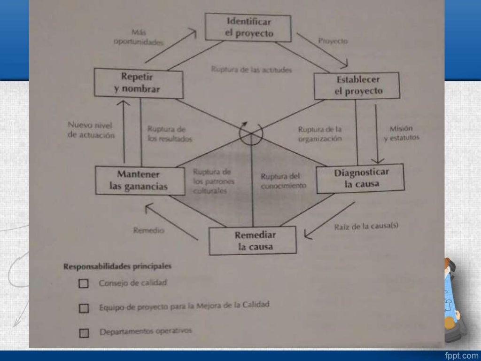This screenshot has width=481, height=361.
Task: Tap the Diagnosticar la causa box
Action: pos(361,178)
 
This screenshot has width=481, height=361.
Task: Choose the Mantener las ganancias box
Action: pos(139,180)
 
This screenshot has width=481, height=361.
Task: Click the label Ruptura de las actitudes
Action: pos(251,70)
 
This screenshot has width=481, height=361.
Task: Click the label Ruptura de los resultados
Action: pos(169,134)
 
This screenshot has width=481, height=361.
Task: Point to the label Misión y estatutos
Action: pos(401,133)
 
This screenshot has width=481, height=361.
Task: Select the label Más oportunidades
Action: pos(138,37)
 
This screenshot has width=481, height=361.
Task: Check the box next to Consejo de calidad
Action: pos(84,284)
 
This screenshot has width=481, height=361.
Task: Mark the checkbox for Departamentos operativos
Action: pos(84,333)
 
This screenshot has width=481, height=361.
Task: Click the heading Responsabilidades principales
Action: pos(117,266)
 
